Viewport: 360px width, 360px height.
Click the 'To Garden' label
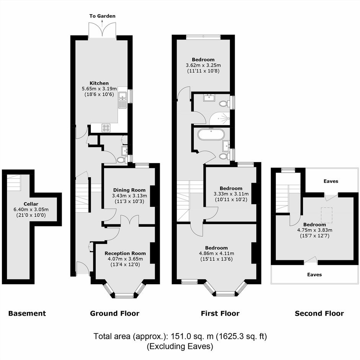(x=102, y=16)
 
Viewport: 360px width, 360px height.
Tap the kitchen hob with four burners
(x=106, y=128)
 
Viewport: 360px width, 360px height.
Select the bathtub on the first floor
(x=210, y=134)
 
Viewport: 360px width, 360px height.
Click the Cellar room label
(x=31, y=204)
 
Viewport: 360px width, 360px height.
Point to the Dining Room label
(x=129, y=190)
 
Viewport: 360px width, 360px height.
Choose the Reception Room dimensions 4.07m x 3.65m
(x=125, y=259)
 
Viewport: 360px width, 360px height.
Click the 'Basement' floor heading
(x=27, y=313)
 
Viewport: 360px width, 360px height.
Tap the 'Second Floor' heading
(x=319, y=313)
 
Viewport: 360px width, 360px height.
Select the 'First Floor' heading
(x=220, y=313)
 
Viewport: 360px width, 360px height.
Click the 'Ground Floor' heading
(x=115, y=313)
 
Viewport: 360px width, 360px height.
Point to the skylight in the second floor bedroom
(x=326, y=215)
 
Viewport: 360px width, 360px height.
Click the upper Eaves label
(x=331, y=181)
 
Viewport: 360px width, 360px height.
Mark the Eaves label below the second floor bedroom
(x=314, y=275)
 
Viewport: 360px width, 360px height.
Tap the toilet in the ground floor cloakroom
(x=121, y=160)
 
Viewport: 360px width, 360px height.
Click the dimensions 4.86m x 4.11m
(x=216, y=254)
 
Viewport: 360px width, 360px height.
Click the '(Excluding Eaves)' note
(x=180, y=346)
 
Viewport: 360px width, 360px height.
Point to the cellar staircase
(x=13, y=183)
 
